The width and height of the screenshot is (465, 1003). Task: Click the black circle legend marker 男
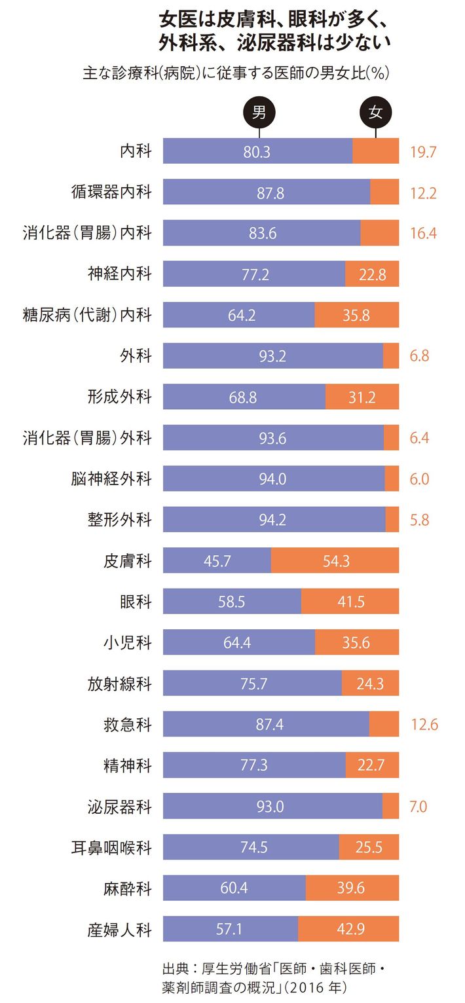(259, 112)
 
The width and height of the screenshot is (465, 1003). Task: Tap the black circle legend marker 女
(376, 112)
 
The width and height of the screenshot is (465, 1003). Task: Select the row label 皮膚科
(128, 561)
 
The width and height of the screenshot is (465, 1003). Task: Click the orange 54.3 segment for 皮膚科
(335, 561)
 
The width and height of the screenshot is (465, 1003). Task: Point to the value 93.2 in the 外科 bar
(272, 357)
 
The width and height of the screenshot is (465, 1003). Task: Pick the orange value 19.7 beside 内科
(423, 153)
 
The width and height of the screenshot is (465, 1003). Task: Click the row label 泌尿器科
(120, 807)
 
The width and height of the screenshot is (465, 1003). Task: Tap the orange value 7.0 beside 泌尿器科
(418, 807)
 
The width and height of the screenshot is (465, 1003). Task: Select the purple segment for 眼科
(232, 602)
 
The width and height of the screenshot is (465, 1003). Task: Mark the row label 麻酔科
(128, 888)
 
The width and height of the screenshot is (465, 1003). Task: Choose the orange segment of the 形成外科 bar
(362, 397)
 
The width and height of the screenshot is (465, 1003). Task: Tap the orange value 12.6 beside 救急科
(424, 725)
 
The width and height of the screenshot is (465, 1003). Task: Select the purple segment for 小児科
(238, 643)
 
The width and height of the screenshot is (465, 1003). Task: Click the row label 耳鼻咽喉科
(111, 847)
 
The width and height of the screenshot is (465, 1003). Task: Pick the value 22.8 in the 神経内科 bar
(372, 275)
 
